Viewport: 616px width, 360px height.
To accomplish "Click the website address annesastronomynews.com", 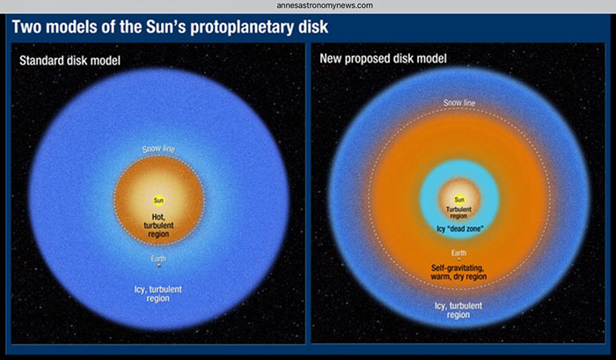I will click(308, 5).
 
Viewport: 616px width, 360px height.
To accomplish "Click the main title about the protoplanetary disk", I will click(170, 26).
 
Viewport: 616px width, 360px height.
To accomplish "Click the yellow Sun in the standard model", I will click(159, 201).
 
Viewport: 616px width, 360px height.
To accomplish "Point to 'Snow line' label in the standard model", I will click(158, 149).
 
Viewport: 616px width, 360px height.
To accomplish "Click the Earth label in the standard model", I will click(159, 258).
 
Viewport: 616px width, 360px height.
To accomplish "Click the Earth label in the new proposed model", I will click(458, 253).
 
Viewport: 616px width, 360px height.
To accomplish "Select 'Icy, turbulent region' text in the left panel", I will click(159, 292).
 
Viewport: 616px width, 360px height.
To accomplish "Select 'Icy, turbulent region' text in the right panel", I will click(458, 307).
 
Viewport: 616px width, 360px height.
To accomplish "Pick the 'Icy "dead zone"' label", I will click(458, 230).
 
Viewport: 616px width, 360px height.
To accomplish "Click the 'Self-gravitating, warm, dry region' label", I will click(458, 270).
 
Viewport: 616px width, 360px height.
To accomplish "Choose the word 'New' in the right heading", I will click(336, 59).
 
